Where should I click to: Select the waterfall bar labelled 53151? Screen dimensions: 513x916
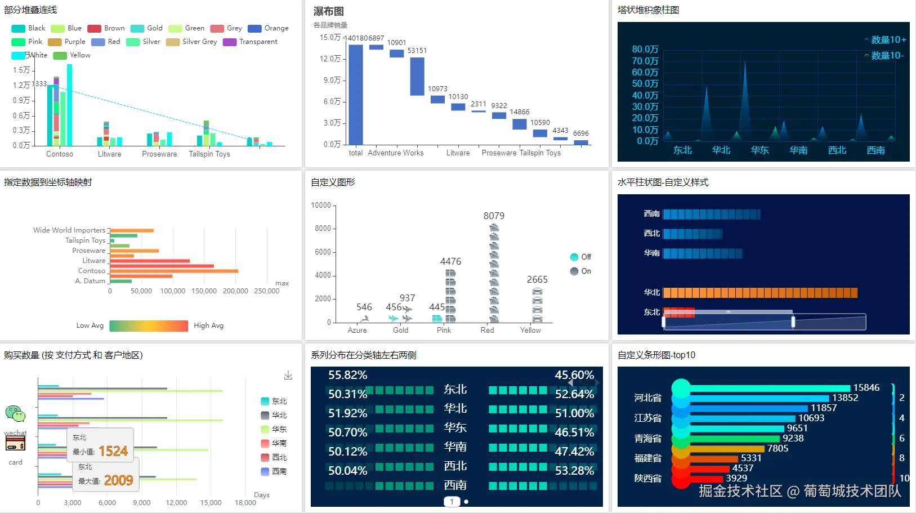(x=417, y=77)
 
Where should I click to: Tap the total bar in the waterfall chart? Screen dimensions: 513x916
(x=356, y=95)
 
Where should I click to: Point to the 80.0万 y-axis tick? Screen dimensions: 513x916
(x=645, y=50)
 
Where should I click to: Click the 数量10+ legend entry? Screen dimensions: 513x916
(x=886, y=40)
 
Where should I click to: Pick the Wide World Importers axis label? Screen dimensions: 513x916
(x=69, y=230)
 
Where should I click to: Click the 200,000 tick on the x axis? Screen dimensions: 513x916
(x=235, y=291)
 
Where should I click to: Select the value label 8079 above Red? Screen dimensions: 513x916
(x=494, y=216)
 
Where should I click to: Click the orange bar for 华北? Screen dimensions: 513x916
(x=760, y=293)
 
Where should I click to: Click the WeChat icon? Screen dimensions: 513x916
(x=15, y=414)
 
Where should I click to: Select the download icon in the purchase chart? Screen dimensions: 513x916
(x=288, y=375)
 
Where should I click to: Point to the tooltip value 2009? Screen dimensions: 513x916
(x=118, y=480)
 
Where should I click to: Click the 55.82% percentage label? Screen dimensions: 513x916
(x=347, y=375)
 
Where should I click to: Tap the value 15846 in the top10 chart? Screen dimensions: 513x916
(x=866, y=387)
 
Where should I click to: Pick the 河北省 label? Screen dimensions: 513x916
(x=647, y=398)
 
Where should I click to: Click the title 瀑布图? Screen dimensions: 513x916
(x=329, y=11)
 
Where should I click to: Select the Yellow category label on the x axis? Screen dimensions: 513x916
(x=530, y=331)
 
